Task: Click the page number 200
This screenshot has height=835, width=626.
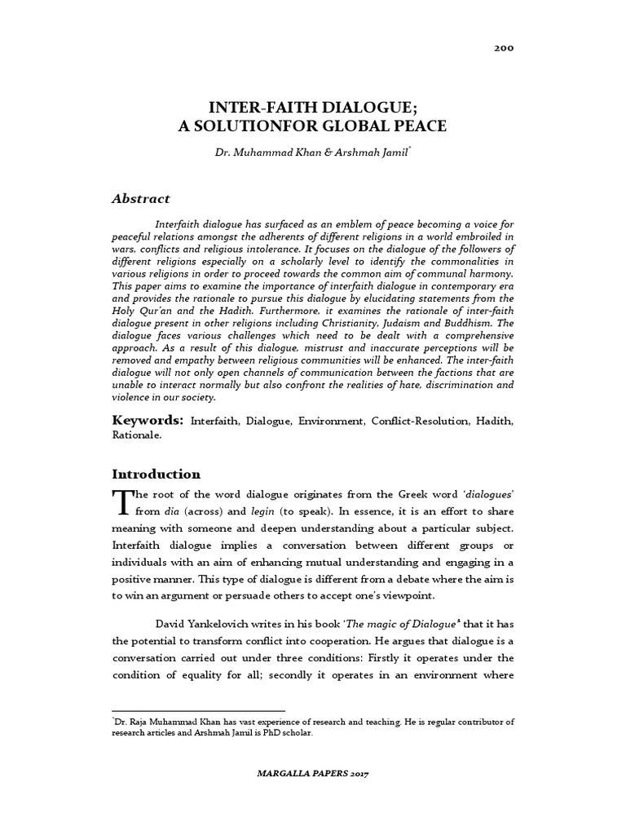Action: click(504, 48)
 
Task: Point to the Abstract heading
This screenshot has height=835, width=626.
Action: click(140, 198)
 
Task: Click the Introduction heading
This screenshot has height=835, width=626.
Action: click(156, 474)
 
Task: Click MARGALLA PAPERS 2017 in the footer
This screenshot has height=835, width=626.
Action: click(313, 771)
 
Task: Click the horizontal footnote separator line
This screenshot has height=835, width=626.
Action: click(198, 711)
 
